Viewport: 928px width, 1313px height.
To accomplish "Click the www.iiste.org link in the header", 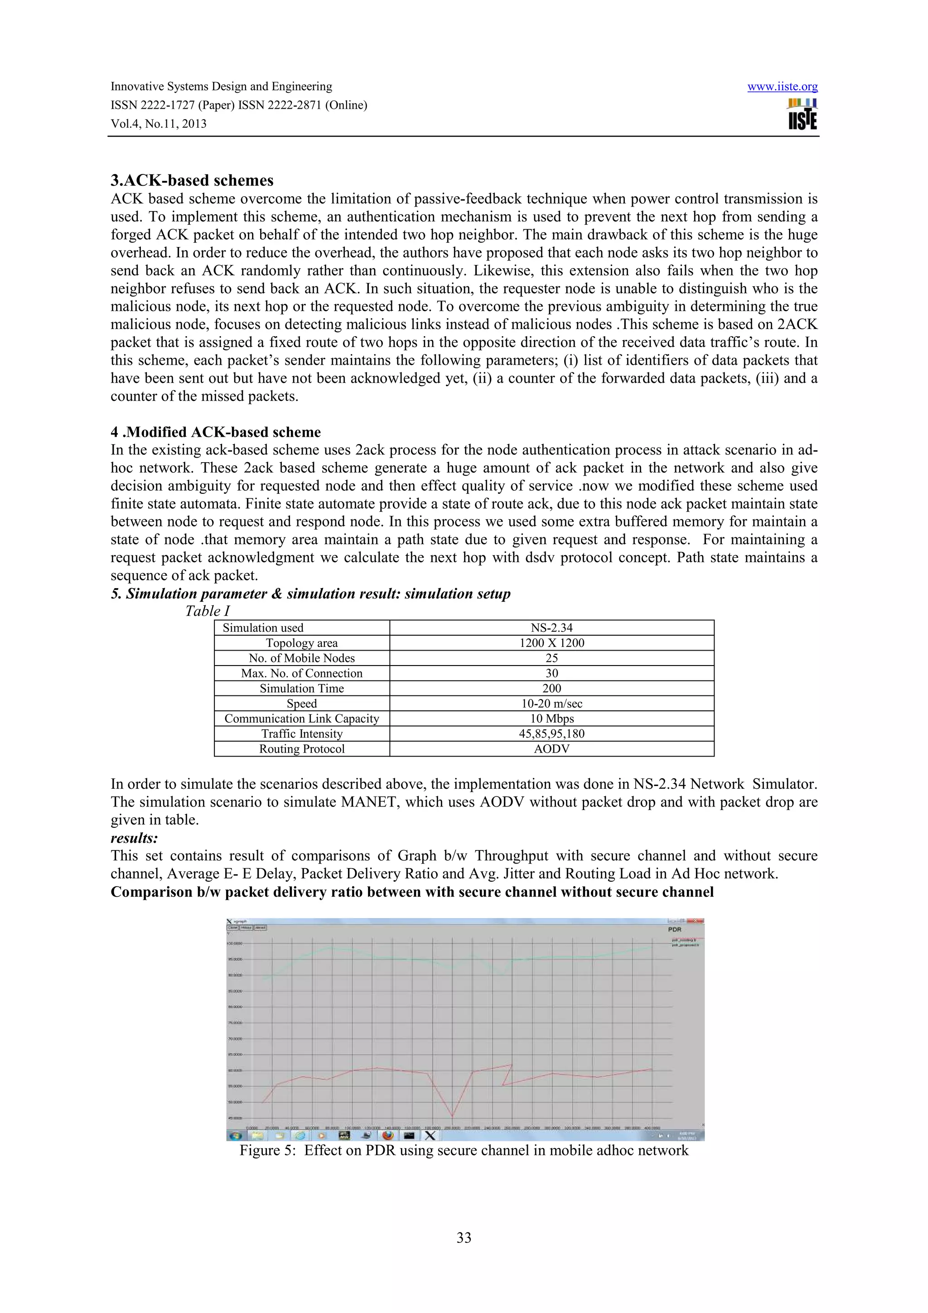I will [782, 87].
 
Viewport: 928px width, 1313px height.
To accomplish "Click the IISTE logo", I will [802, 114].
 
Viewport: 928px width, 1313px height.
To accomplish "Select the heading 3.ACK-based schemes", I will [192, 180].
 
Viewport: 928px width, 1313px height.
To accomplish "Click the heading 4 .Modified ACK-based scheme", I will [216, 432].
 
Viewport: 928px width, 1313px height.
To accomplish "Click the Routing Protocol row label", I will [301, 748].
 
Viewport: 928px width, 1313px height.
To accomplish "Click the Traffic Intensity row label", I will [301, 734].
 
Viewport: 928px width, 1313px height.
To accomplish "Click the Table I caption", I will [207, 611].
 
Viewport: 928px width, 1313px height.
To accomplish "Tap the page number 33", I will [464, 1237].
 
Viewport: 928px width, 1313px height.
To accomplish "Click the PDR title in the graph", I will [674, 929].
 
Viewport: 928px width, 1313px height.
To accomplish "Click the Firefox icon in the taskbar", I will [388, 1135].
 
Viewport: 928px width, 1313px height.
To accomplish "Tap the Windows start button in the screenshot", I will [235, 1135].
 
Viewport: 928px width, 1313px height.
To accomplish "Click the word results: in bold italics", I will [134, 838].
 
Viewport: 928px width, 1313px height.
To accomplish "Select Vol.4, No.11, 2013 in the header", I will [159, 124].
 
